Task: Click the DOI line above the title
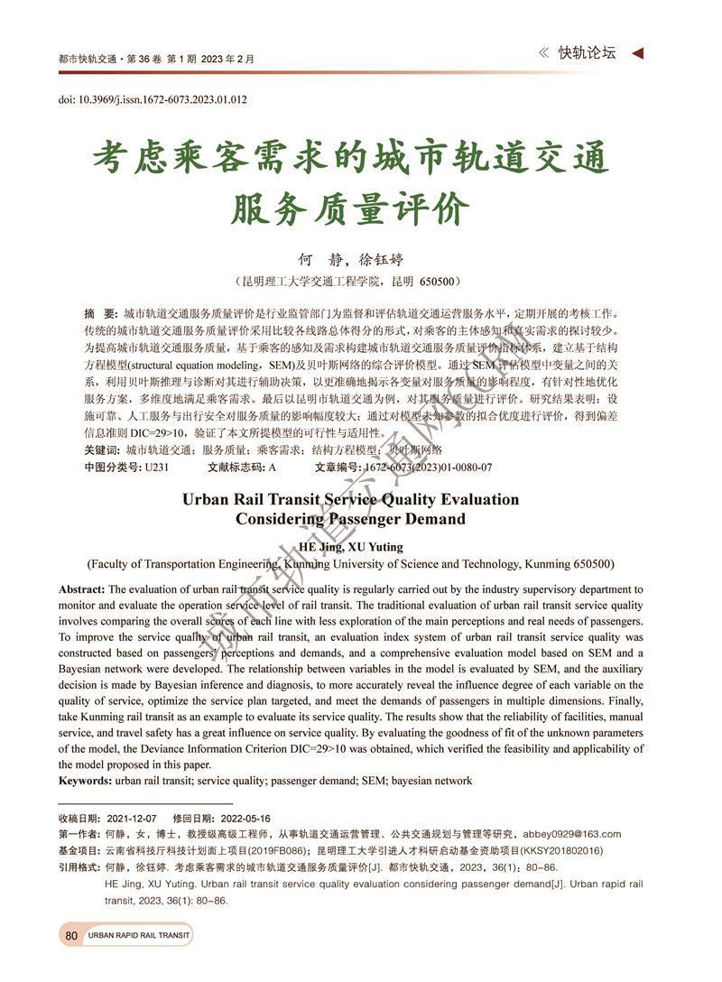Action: click(x=153, y=99)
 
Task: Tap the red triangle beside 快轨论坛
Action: click(x=637, y=54)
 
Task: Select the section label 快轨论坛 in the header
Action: click(x=587, y=53)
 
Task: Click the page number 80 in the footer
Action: click(x=71, y=936)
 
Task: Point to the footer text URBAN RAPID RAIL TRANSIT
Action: click(x=139, y=936)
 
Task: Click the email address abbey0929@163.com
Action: click(x=572, y=834)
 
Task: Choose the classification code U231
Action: click(x=156, y=468)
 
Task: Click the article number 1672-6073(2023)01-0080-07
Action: click(x=427, y=468)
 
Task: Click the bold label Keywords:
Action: click(x=85, y=781)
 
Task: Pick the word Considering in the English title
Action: click(x=282, y=519)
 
